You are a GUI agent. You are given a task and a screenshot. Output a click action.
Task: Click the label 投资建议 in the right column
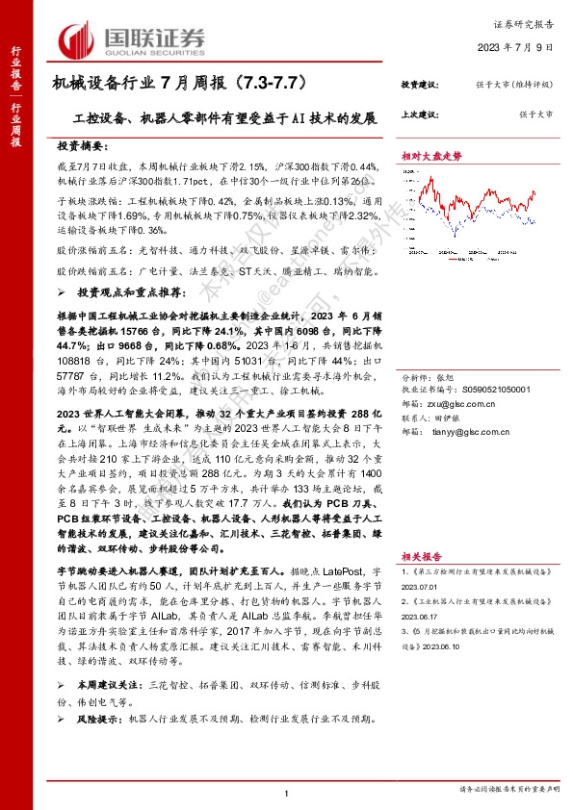tap(419, 86)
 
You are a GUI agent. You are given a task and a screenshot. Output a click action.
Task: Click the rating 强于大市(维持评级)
tap(521, 86)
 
